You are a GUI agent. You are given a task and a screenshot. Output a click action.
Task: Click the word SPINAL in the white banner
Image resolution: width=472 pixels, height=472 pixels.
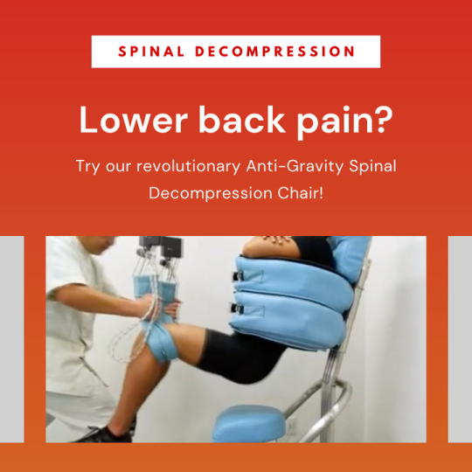tap(151, 52)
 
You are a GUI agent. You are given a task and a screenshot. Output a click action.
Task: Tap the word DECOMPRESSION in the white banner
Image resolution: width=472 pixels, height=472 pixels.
tap(274, 52)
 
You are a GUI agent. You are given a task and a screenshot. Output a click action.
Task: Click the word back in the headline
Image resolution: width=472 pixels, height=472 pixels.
tap(242, 119)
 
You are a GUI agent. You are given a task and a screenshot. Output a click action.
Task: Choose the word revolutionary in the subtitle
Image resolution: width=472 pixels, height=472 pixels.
tap(189, 166)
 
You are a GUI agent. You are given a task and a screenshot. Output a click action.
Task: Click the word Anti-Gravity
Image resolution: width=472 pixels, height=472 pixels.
tap(295, 166)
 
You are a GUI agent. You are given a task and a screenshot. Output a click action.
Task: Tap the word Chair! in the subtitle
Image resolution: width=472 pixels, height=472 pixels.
tap(301, 193)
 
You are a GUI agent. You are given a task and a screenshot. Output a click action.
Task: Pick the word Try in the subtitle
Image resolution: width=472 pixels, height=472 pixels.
tap(88, 166)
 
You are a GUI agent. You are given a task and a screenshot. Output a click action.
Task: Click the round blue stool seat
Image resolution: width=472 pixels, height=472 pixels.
tap(248, 423)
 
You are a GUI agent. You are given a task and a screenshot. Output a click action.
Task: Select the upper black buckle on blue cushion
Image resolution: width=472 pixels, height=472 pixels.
tap(236, 276)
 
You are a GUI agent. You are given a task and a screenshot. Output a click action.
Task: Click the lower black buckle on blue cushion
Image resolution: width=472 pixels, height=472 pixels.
tap(236, 308)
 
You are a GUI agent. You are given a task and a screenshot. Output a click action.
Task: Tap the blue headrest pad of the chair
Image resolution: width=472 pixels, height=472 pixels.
tap(349, 257)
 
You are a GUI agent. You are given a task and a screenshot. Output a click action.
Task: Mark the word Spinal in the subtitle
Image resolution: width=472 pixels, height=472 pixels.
tap(372, 166)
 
